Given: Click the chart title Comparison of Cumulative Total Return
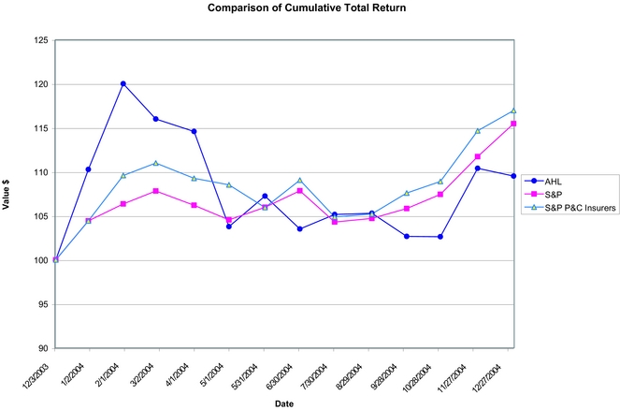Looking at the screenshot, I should click(x=309, y=8).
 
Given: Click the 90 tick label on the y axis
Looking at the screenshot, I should click(x=40, y=348).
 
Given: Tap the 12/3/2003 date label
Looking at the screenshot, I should click(x=43, y=369).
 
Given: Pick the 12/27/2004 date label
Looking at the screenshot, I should click(x=496, y=371).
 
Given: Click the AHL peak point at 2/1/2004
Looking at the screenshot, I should click(x=123, y=83).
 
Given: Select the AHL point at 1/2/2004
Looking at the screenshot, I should click(x=89, y=169).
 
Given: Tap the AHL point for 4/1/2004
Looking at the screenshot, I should click(x=194, y=131).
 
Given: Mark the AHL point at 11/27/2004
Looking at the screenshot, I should click(x=478, y=168).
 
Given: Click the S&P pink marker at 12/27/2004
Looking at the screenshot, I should click(x=512, y=124).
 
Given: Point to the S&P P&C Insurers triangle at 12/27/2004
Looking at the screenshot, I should click(x=512, y=110).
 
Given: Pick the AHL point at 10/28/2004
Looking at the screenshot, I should click(x=442, y=237).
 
